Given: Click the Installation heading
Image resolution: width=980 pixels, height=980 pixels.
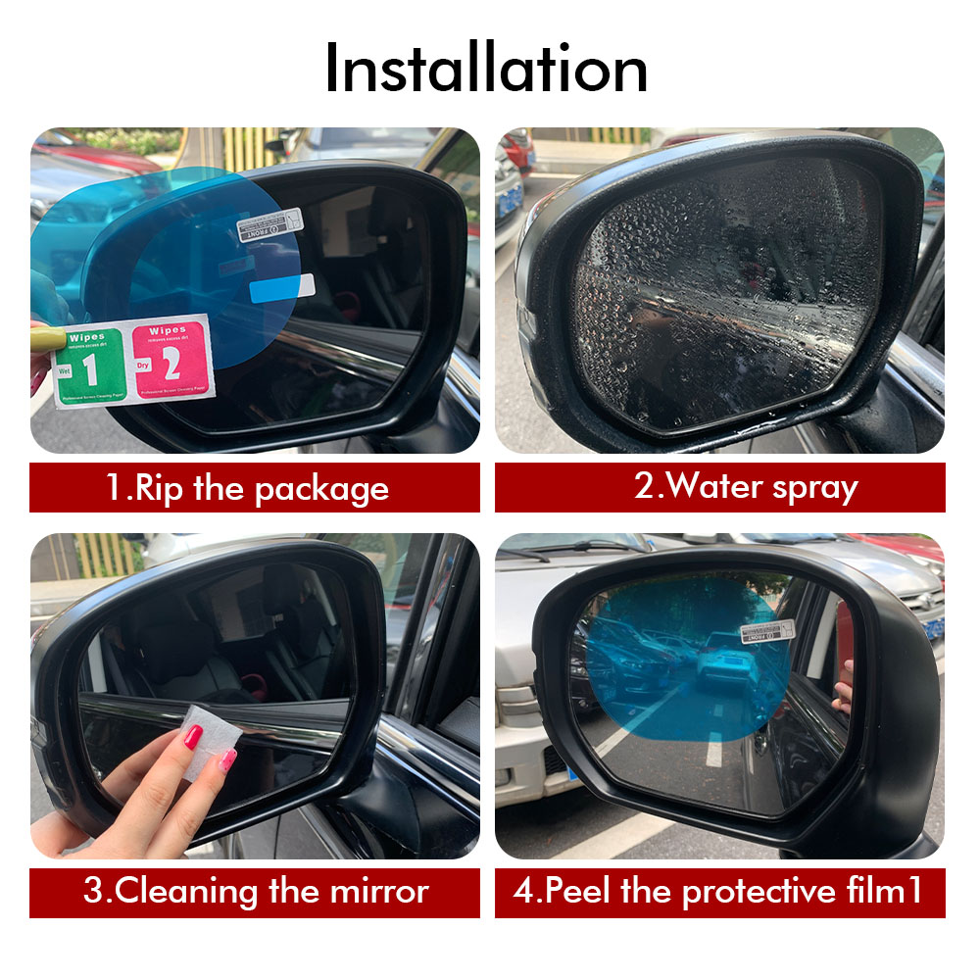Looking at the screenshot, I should tap(486, 69).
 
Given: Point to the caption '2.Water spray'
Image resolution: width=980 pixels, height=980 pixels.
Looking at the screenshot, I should tap(719, 487).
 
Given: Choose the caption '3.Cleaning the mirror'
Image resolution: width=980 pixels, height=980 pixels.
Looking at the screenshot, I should tap(254, 892).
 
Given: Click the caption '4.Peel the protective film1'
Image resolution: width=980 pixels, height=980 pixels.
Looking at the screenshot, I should tap(719, 892).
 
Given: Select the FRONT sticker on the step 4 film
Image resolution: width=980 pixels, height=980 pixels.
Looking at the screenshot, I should tap(767, 630).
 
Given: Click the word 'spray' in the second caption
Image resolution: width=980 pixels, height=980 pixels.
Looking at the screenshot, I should tap(812, 487).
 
